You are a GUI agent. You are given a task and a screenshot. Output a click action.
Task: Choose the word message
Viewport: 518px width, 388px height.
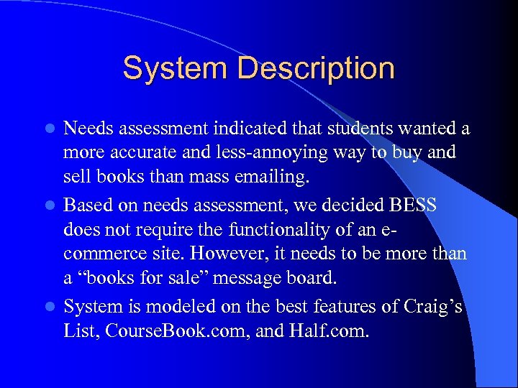[x=258, y=279]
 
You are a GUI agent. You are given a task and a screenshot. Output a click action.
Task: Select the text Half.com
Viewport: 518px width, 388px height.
[x=337, y=331]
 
